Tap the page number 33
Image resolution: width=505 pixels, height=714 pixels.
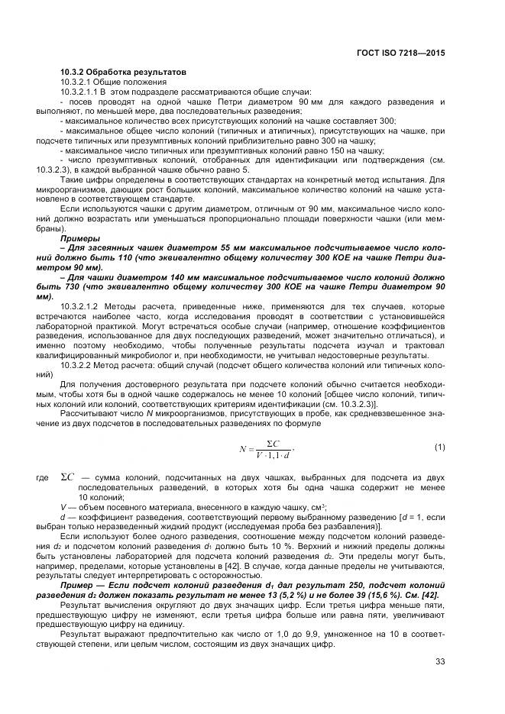(440, 661)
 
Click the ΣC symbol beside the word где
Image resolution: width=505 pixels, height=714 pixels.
(67, 477)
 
